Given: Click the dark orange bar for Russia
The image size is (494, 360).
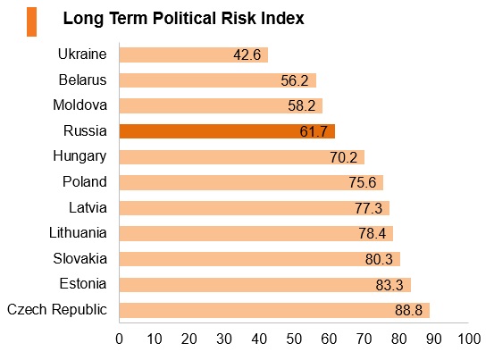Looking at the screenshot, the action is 227,131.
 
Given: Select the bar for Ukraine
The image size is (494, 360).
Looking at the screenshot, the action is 194,54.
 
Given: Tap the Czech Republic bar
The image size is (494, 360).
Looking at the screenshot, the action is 275,310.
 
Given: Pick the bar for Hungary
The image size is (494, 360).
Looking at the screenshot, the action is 242,157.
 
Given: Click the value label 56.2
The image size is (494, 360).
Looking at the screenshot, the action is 295,80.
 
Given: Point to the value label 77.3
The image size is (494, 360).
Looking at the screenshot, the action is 368,208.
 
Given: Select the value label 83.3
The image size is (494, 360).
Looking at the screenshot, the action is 389,285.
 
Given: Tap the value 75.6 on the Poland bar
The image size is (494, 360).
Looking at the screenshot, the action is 363,182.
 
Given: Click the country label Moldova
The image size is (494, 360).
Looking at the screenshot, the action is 80,105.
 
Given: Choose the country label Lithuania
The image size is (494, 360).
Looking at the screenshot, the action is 78,233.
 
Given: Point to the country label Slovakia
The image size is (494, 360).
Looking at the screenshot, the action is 80,258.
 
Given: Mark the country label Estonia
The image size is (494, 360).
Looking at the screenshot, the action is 83,284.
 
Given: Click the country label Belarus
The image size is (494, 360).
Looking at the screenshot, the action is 83,80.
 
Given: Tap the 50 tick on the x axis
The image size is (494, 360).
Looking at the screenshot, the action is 294,339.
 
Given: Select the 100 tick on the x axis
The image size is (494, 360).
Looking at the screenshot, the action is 469,339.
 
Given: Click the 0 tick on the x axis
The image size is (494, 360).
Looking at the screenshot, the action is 119,339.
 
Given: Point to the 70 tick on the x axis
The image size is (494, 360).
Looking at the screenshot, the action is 364,339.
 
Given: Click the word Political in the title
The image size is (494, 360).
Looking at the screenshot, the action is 185,18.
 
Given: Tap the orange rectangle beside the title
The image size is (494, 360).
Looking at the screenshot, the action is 32,22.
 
